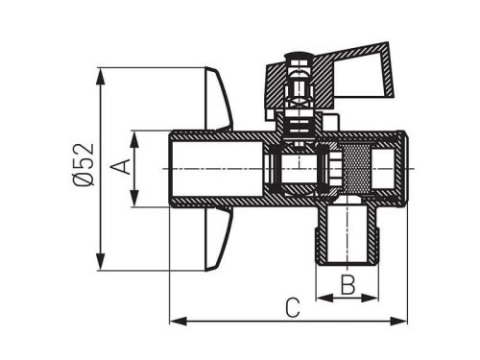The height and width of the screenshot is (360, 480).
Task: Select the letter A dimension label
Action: pyautogui.click(x=120, y=168)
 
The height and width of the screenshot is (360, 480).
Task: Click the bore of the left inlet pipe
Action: pyautogui.click(x=216, y=169)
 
